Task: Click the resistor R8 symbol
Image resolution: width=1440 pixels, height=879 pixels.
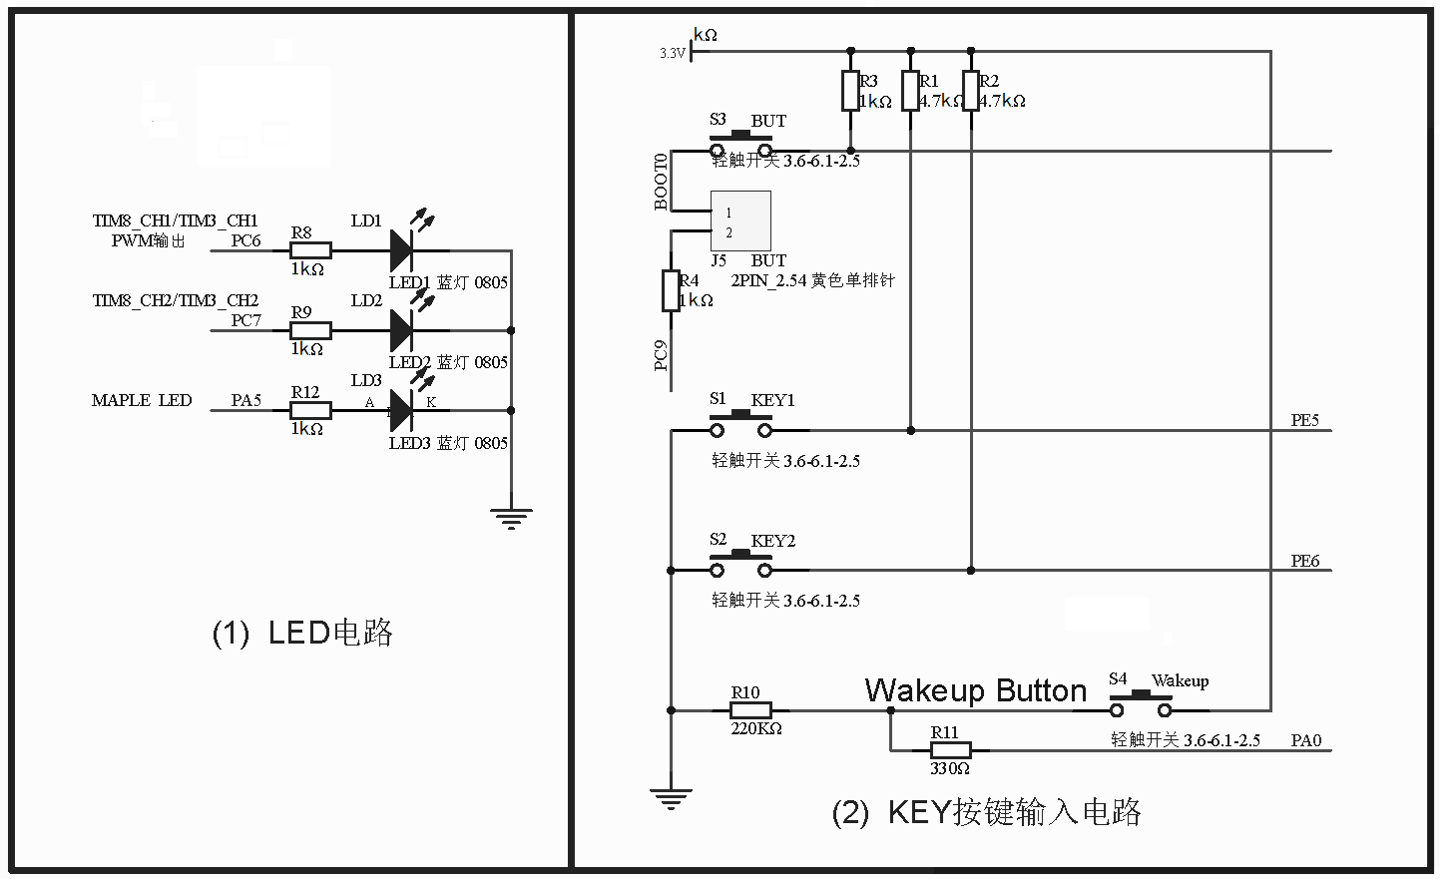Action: (310, 250)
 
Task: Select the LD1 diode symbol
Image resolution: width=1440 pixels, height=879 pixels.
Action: (401, 249)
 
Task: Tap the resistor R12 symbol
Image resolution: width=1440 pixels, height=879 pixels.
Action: (310, 410)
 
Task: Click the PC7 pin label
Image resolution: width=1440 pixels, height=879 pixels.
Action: (245, 320)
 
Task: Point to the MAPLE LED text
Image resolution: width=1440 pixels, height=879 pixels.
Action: (142, 400)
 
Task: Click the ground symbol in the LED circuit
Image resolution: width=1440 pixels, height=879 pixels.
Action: (511, 517)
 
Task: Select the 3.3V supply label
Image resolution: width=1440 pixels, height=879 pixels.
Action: (673, 53)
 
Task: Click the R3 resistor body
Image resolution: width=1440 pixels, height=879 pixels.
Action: (850, 91)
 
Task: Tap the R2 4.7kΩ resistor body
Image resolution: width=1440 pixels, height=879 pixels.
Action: (970, 91)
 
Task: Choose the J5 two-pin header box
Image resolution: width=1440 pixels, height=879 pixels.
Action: (740, 220)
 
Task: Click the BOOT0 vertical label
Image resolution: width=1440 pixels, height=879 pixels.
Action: (661, 182)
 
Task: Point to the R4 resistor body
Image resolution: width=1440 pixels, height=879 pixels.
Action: (671, 290)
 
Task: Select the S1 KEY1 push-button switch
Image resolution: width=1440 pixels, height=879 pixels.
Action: (740, 428)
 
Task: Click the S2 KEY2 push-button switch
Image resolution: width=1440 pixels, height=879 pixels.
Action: (740, 568)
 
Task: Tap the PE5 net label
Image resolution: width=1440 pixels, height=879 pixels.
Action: (1304, 420)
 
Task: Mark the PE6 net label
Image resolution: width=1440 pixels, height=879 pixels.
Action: (1304, 561)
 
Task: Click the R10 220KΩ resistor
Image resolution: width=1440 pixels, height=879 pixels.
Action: (750, 710)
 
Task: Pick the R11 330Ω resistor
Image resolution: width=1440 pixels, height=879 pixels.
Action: (950, 750)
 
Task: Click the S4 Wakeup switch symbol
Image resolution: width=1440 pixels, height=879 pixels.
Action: (1140, 707)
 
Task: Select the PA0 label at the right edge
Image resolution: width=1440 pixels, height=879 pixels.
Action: (1305, 740)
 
